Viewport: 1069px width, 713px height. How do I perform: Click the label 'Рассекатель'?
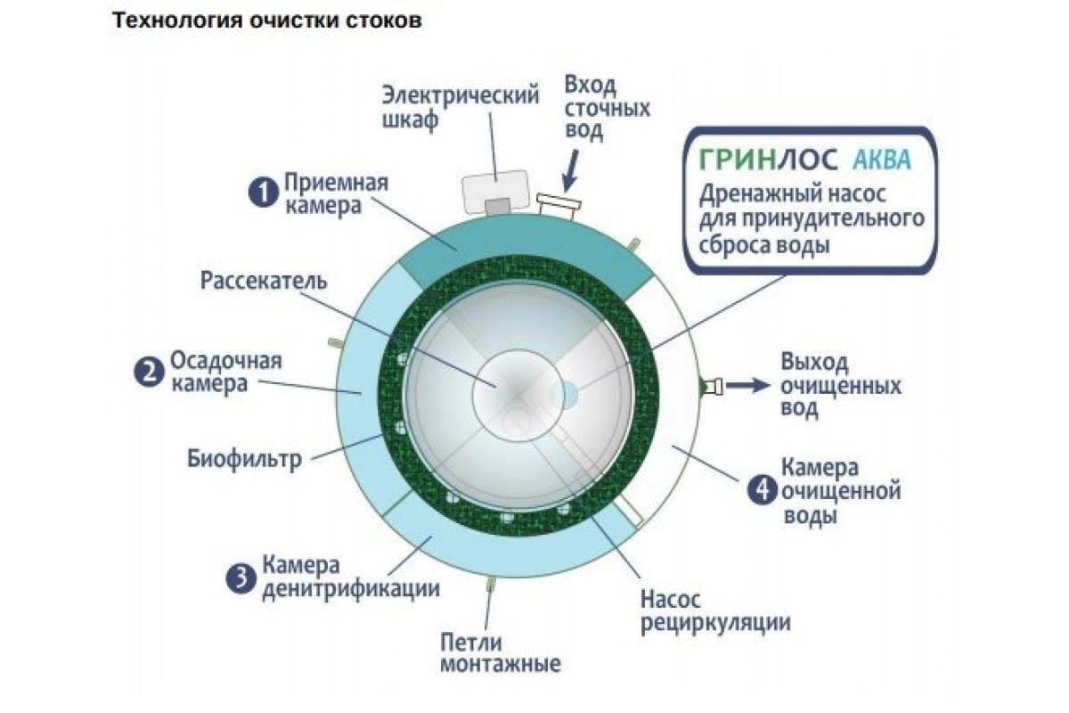pyautogui.click(x=264, y=281)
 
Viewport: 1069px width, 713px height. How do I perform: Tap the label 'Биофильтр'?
pyautogui.click(x=245, y=461)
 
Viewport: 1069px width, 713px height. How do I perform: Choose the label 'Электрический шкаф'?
pyautogui.click(x=461, y=107)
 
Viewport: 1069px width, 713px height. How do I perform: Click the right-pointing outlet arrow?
pyautogui.click(x=747, y=386)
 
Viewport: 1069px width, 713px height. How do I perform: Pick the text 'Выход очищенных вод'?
pyautogui.click(x=841, y=386)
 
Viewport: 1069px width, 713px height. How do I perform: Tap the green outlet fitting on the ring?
pyautogui.click(x=712, y=386)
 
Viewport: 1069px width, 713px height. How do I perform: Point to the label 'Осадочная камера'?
pyautogui.click(x=225, y=372)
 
